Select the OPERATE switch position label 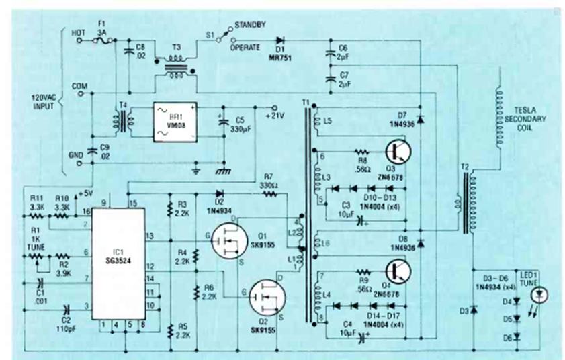pos(246,48)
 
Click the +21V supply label pos(274,116)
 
